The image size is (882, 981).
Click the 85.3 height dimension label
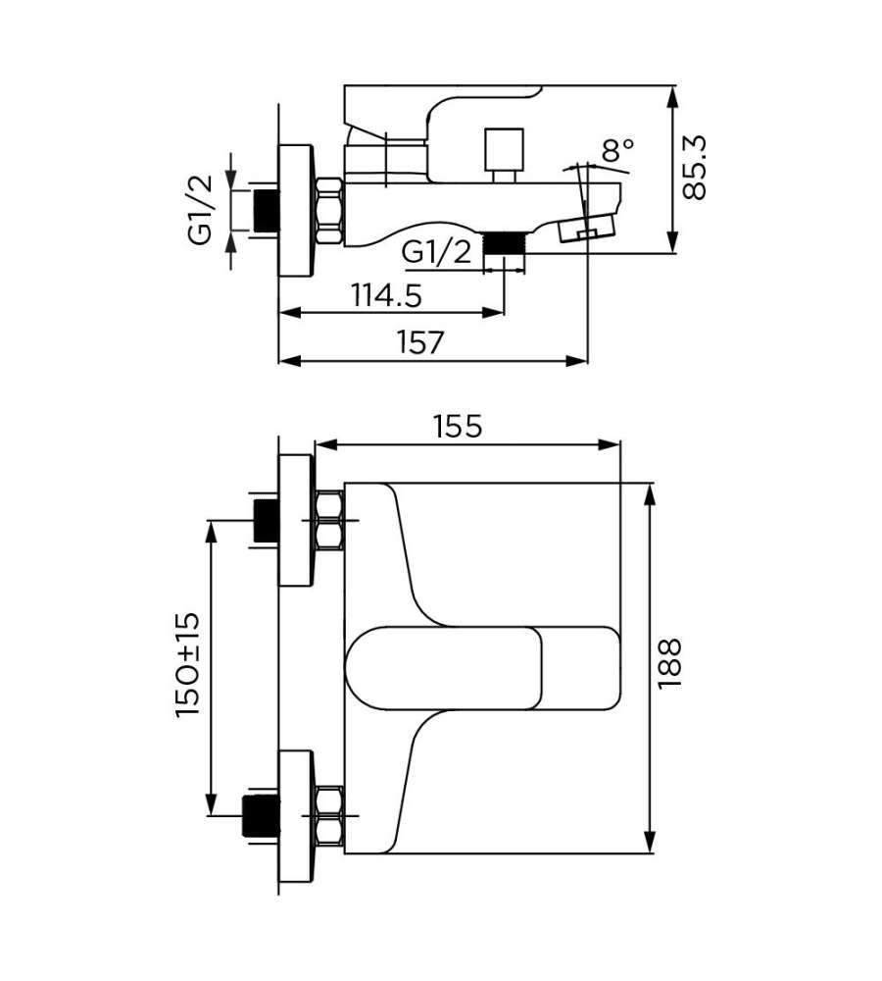click(694, 168)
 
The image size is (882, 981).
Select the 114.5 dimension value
click(386, 295)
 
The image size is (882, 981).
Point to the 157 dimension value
click(420, 342)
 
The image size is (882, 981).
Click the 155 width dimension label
click(459, 427)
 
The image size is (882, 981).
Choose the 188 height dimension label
click(669, 664)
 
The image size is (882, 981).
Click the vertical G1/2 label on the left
click(201, 210)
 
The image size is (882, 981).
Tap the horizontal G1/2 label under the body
click(436, 252)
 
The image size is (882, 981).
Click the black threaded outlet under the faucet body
click(506, 243)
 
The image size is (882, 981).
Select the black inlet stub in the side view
click(267, 211)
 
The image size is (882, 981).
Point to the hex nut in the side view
click(329, 212)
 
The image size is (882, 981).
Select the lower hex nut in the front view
click(329, 816)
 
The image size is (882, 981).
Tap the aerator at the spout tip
click(587, 229)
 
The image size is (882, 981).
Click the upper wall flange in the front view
click(294, 521)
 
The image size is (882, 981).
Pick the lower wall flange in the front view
click(294, 816)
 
